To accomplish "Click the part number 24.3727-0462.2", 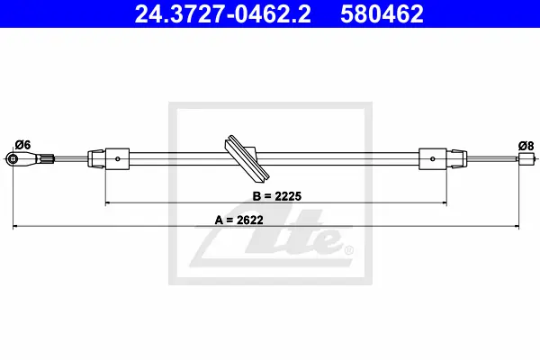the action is (223, 14).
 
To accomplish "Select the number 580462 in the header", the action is (382, 14).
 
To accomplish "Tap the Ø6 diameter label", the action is (22, 145).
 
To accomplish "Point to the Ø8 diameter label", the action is (526, 146).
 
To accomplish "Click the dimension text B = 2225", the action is (277, 196).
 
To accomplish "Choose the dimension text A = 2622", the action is (239, 220).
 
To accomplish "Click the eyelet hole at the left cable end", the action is (13, 158).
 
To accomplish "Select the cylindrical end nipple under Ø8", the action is (523, 158).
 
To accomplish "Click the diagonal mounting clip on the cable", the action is (247, 157).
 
